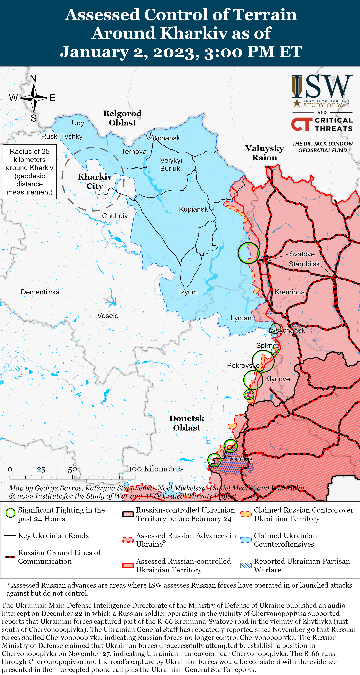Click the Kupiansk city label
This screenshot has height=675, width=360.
point(193,209)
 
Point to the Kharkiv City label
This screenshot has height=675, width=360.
point(95,181)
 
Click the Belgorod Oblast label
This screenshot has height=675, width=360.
point(122,118)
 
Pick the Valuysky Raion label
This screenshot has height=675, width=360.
point(265,153)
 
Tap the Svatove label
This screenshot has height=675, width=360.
point(302,254)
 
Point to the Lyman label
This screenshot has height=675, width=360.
point(241,318)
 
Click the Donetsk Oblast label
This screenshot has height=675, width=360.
point(186,423)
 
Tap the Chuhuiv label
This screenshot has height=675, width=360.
point(115,216)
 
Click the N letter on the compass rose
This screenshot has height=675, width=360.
point(33,78)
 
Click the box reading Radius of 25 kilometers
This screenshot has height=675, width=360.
point(30,172)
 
